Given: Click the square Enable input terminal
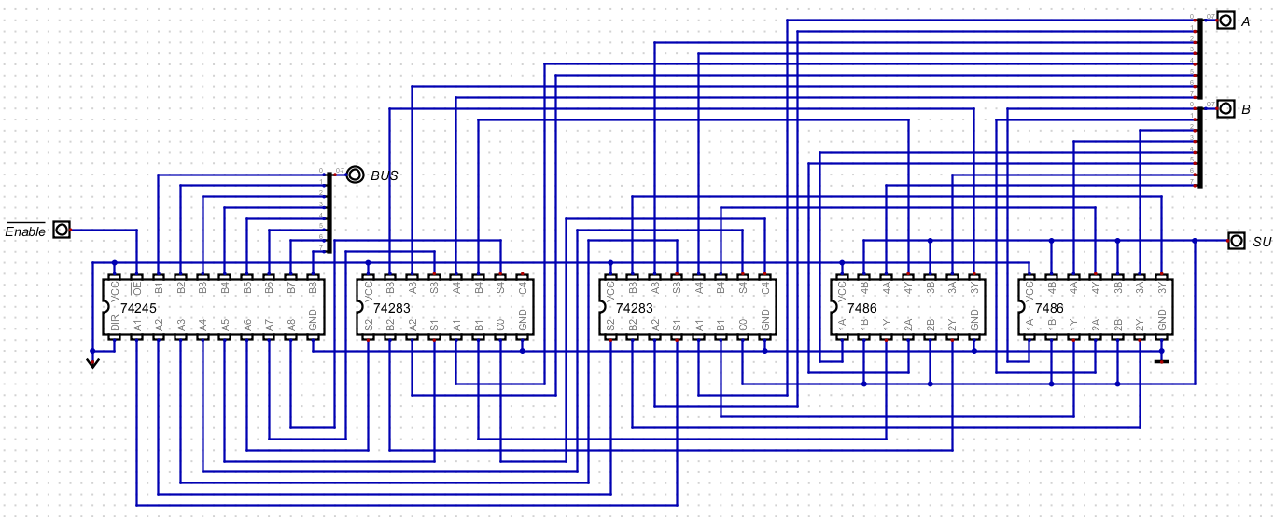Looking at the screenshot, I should (x=62, y=230).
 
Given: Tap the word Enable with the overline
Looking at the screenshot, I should (x=25, y=231).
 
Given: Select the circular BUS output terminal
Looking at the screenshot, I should (x=355, y=175).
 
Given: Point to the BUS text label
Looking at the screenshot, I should (x=385, y=175).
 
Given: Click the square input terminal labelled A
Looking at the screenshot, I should (x=1225, y=21).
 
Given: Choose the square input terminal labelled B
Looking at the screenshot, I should (x=1225, y=109).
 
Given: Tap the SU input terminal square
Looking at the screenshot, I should (x=1236, y=241).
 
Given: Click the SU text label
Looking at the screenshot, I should (x=1262, y=242).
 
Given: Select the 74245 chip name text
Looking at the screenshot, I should (x=139, y=307).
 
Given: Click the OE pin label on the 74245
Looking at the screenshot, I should (x=136, y=290).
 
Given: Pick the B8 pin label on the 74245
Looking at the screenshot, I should (x=313, y=289).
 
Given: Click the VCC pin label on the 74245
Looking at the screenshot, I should (x=114, y=291).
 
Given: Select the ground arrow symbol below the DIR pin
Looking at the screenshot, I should (x=92, y=361).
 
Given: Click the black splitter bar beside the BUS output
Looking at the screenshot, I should (x=329, y=213).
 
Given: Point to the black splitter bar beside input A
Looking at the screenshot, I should (x=1199, y=56).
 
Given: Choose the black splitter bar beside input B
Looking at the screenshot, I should (x=1199, y=147).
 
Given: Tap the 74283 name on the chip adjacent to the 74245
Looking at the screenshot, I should (x=391, y=307).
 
